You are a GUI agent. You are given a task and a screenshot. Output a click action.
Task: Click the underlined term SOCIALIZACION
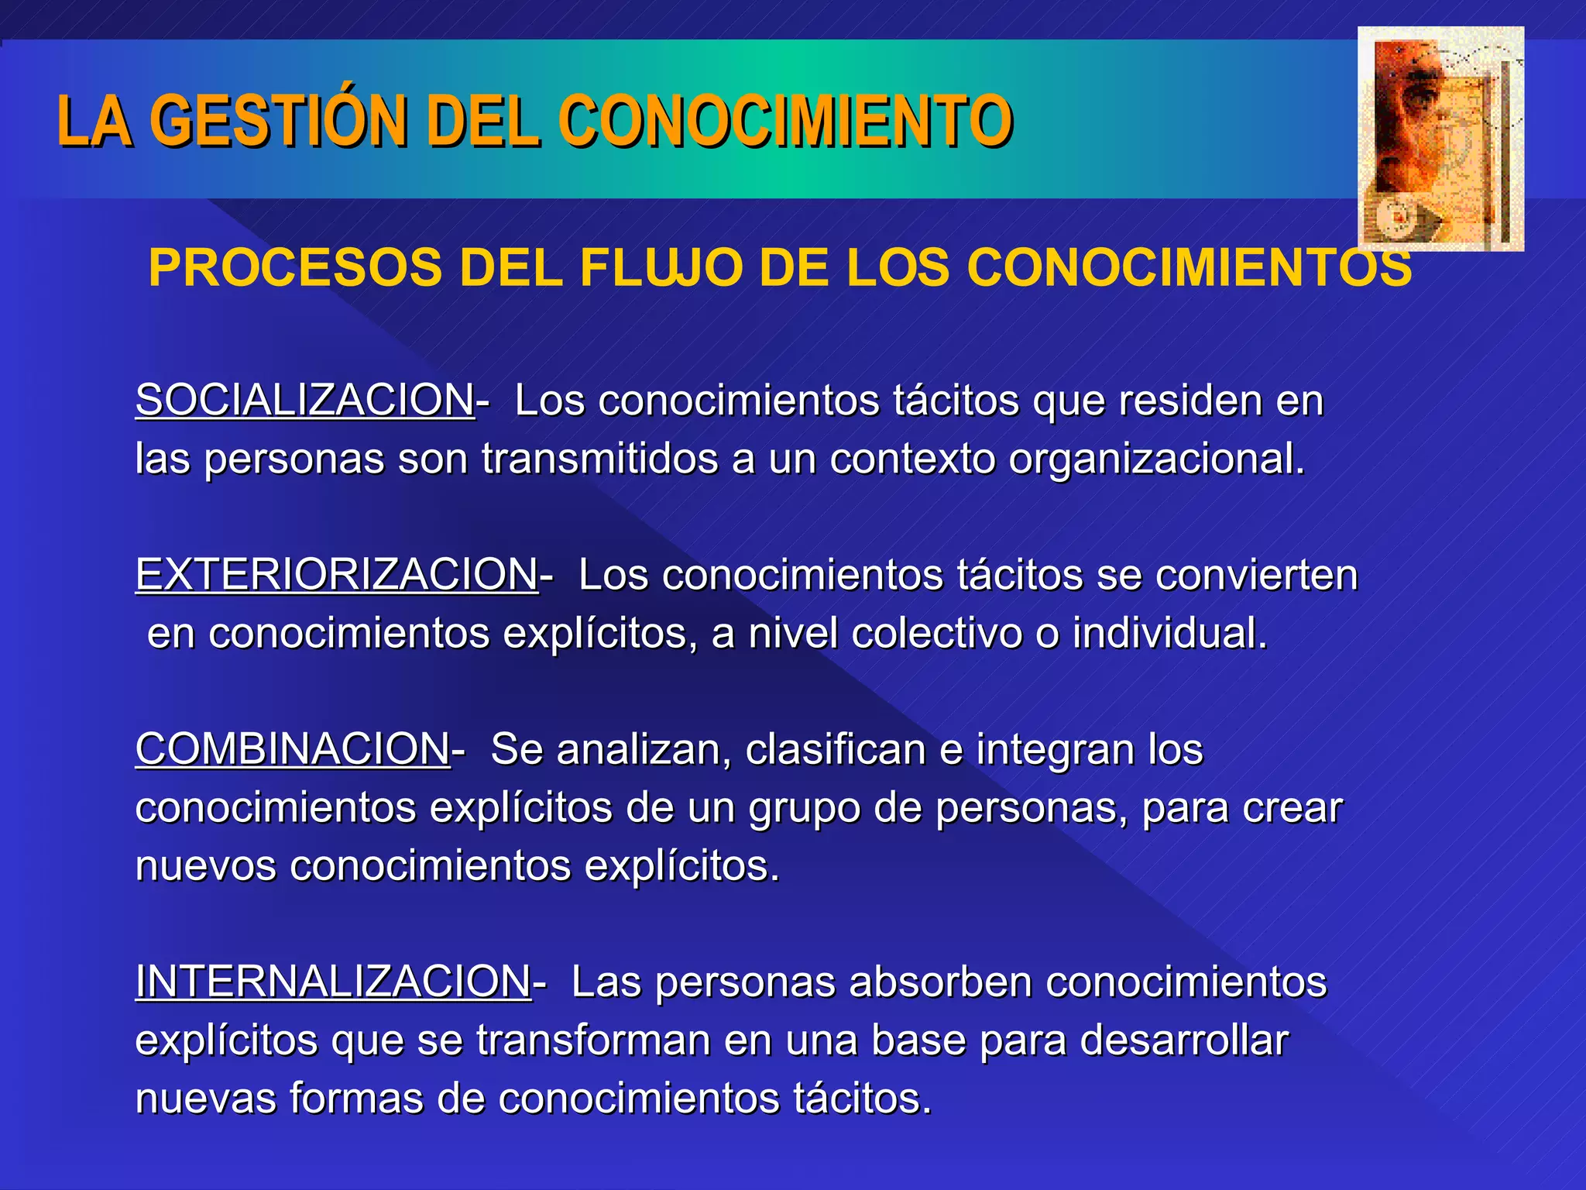coord(304,401)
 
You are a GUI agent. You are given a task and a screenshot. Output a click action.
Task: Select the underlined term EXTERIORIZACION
coord(336,576)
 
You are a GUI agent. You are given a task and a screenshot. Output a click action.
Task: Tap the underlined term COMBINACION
coord(292,750)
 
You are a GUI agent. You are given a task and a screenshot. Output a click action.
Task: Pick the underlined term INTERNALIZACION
coord(333,982)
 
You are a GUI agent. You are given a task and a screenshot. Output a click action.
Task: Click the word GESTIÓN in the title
coord(279,121)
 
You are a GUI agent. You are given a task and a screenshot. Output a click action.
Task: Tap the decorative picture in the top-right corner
coord(1440,139)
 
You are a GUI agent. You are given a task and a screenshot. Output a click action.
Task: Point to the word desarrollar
coord(1184,1040)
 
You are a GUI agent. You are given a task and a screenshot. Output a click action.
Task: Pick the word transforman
coord(593,1040)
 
